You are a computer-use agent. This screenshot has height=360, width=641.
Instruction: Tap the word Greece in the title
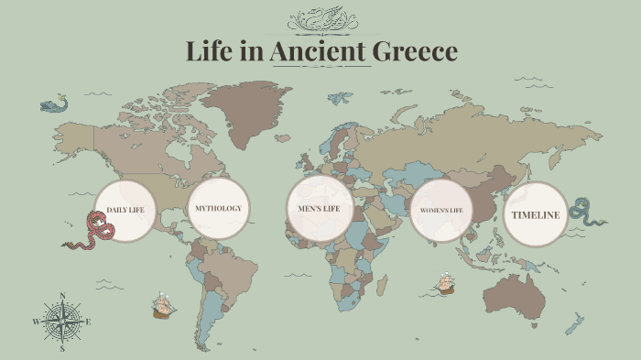pos(418,51)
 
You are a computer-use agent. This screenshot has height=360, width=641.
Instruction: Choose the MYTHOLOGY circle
pos(219,208)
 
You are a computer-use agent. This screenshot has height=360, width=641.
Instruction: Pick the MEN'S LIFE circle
pos(320,209)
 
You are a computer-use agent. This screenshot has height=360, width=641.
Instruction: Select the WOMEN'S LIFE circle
pos(441,212)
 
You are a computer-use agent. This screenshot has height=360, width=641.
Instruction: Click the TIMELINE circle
pos(536,214)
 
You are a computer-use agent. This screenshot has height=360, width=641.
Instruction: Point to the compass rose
pos(62,322)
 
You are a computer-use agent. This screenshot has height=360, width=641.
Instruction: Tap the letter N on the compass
pos(62,295)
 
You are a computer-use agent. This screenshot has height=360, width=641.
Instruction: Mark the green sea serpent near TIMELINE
pos(584,213)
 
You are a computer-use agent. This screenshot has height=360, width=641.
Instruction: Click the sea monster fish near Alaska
pos(54,104)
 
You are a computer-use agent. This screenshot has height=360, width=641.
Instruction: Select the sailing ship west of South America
pos(163,305)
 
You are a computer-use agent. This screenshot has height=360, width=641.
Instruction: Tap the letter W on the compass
pos(37,322)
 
